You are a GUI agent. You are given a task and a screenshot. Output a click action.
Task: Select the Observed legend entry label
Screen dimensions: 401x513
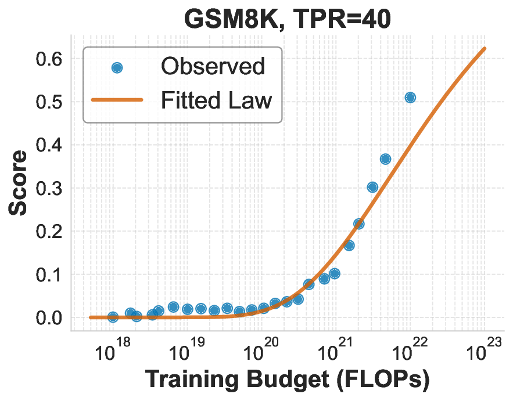(x=213, y=67)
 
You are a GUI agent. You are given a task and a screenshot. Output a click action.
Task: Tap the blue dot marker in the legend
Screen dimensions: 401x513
(x=117, y=67)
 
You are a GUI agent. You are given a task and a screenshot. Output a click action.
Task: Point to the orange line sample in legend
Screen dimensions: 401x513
(x=117, y=100)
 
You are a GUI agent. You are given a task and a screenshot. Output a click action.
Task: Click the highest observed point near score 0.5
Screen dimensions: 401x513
(x=410, y=97)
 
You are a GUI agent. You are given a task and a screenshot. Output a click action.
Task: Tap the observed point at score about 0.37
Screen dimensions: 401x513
(x=385, y=159)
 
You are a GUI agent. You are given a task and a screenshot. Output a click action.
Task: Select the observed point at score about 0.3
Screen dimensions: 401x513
(x=372, y=187)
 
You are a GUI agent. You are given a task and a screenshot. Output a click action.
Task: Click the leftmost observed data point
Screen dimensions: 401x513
(x=113, y=317)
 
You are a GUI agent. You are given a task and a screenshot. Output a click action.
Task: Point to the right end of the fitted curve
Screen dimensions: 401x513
(x=485, y=48)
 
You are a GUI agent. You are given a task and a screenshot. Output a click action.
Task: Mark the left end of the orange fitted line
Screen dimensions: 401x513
(x=91, y=317)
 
